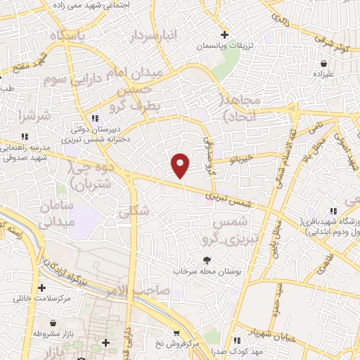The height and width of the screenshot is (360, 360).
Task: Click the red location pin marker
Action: tap(181, 165)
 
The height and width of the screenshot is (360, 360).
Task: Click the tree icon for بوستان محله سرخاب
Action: tap(207, 260)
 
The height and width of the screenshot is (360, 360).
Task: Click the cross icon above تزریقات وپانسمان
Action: tap(224, 34)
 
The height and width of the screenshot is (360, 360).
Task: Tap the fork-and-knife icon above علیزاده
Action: tap(321, 62)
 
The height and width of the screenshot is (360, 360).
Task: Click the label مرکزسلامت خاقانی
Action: tap(42, 298)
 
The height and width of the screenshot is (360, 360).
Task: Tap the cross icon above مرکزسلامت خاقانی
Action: tap(42, 288)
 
